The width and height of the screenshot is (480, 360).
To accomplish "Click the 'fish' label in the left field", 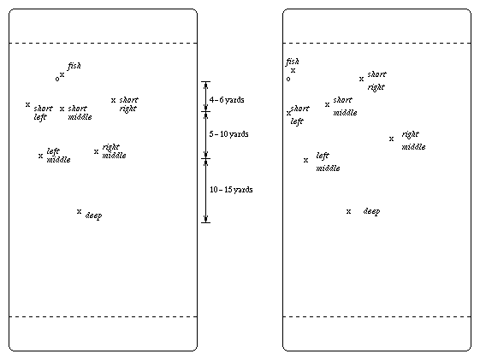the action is click(74, 66).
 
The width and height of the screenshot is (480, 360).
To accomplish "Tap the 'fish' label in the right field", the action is click(293, 62).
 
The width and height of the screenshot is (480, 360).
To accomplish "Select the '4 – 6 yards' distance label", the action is click(227, 100).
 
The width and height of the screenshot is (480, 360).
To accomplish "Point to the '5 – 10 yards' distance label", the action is click(228, 134).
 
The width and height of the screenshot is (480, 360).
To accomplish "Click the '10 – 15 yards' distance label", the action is click(231, 190).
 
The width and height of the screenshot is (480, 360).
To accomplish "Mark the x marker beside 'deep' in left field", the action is click(79, 211).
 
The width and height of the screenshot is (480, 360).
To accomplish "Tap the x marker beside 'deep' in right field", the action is click(348, 211).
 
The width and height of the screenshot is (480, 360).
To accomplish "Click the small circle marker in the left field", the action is click(57, 80).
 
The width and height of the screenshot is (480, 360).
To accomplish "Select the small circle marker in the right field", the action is click(288, 80).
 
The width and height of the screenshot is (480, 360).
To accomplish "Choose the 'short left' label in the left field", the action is click(43, 113).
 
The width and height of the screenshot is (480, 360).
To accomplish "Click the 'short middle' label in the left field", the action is click(80, 113).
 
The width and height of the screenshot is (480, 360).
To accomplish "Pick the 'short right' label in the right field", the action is click(376, 80).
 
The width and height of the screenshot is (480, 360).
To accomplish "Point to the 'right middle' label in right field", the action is click(413, 141).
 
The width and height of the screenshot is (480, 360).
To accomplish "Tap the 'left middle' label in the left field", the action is click(58, 156).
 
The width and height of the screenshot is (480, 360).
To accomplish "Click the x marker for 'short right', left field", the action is click(113, 100).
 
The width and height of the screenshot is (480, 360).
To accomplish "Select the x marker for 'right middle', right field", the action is click(391, 139).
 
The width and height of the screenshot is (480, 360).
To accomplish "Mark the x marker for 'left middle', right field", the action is click(305, 160).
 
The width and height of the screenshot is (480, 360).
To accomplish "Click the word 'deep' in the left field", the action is click(93, 215).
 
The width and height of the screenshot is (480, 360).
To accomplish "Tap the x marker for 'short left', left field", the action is click(27, 104).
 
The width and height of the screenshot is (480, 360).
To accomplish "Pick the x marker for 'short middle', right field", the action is click(327, 104).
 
